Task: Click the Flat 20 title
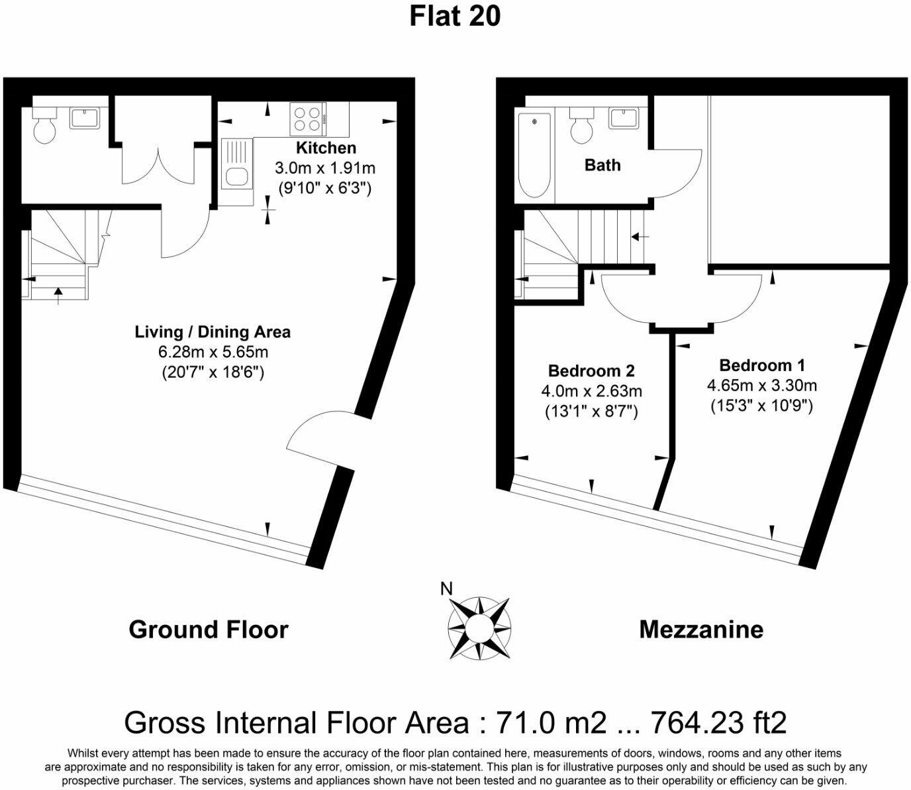tap(455, 16)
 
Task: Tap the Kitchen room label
tap(326, 148)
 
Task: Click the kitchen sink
tap(236, 177)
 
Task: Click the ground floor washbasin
tap(85, 118)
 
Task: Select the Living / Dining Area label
tap(213, 331)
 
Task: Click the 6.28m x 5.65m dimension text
tap(213, 351)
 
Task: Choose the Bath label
tap(602, 165)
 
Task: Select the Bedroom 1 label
tap(762, 365)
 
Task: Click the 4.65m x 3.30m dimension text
tap(762, 385)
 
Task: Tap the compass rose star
tap(479, 626)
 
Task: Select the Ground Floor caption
tap(209, 630)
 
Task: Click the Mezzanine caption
tap(701, 630)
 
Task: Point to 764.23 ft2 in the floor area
tap(719, 722)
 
